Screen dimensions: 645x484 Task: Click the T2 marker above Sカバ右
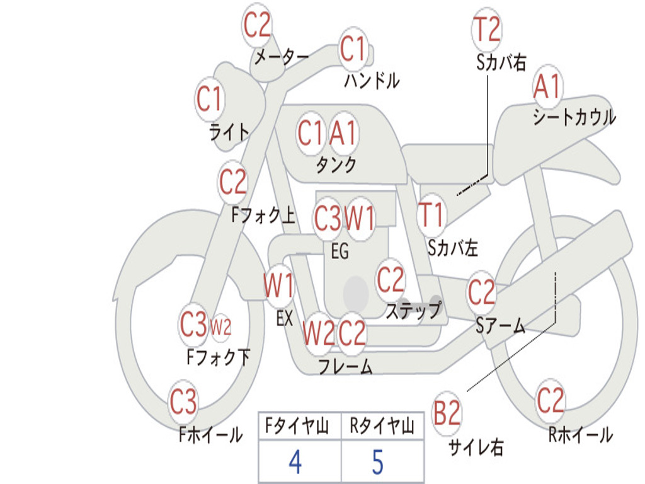coord(487,29)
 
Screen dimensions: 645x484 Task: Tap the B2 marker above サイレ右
coord(447,413)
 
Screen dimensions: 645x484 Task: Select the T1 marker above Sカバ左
coord(431,215)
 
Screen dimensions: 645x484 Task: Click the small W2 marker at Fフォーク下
coord(221,328)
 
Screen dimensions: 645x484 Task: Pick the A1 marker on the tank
coord(342,134)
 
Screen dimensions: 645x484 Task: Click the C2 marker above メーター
coord(257,25)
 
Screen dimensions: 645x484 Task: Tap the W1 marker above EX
coord(279,285)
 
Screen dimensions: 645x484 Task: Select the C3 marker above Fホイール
coord(183,401)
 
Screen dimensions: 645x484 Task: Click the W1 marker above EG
coord(359,217)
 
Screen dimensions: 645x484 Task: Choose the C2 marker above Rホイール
coord(550,400)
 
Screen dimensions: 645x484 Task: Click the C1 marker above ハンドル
coord(353,48)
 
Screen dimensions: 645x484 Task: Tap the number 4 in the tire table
coord(295,462)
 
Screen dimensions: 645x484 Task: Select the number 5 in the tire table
coord(378,462)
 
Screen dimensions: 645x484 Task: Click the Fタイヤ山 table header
coord(297,425)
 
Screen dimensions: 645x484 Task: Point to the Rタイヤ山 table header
coord(382,425)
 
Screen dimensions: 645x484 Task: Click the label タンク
coord(336,164)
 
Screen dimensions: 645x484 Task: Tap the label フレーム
coord(346,366)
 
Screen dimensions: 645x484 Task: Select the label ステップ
coord(413,310)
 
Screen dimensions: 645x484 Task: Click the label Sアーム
coord(501,326)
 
